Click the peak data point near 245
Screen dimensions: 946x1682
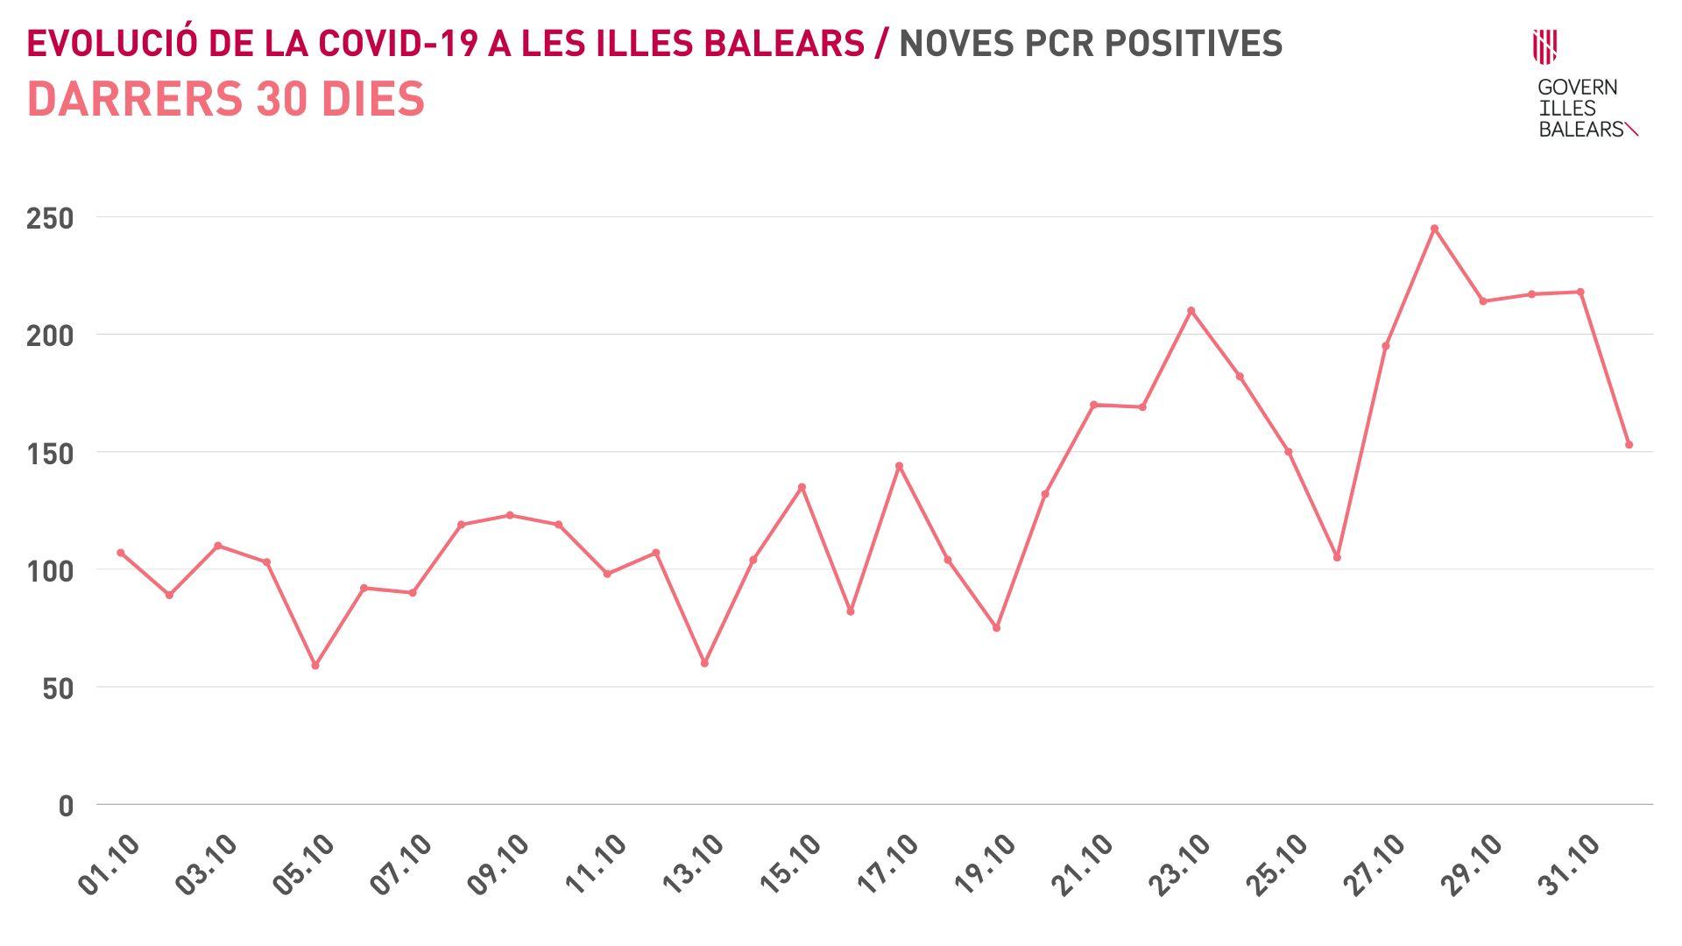(x=1434, y=229)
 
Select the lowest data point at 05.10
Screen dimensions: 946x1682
(x=315, y=666)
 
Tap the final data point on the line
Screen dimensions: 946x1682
(x=1629, y=445)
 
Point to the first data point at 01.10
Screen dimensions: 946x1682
(x=121, y=553)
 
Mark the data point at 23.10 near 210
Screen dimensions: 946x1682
(x=1191, y=310)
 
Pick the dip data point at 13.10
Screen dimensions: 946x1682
(x=704, y=663)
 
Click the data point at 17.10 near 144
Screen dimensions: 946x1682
(x=899, y=466)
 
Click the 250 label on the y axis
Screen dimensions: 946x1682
(x=50, y=218)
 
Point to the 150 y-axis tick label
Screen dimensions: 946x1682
(x=50, y=454)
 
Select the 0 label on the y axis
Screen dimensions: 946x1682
(x=66, y=807)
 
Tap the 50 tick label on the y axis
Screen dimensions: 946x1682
(x=56, y=689)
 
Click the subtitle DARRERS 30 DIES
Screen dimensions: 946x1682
(x=226, y=99)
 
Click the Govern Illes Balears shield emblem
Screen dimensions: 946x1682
(x=1544, y=46)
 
